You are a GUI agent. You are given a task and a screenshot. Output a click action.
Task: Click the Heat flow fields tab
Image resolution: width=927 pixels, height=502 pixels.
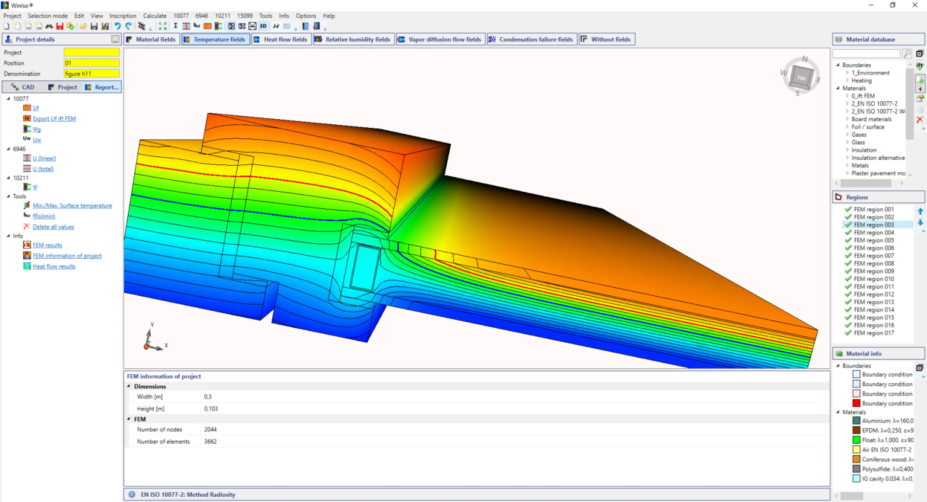coord(281,39)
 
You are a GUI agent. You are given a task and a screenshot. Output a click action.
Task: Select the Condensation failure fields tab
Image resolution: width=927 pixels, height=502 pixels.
coord(532,39)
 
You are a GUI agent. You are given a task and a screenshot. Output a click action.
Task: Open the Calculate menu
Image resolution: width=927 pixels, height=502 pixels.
coord(154,16)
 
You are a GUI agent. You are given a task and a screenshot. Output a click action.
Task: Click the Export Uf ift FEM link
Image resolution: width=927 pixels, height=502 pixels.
coord(54,118)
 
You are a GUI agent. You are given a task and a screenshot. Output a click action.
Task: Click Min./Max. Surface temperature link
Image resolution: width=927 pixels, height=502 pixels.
coord(72,205)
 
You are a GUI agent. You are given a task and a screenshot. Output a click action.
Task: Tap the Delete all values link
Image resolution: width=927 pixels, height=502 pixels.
coord(53,227)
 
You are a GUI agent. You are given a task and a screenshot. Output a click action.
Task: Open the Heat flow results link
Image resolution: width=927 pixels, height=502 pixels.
coord(54,266)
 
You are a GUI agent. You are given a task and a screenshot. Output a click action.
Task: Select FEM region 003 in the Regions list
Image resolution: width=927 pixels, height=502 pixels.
coord(873,225)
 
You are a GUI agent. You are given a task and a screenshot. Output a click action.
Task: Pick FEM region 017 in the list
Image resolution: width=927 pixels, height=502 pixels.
coord(873,333)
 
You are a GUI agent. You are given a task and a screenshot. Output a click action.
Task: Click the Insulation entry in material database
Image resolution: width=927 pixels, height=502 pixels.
coord(864,150)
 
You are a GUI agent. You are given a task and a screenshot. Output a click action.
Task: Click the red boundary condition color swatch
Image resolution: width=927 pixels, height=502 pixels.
coord(856,403)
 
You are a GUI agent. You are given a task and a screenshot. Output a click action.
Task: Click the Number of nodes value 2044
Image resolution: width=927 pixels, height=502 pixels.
coord(210,429)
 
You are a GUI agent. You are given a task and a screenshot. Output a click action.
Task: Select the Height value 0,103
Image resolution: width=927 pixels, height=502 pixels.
coord(211,409)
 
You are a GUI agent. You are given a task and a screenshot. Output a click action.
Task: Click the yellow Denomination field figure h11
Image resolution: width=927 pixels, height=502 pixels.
coord(91,74)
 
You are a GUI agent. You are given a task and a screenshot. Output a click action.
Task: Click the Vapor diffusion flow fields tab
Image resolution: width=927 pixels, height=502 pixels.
coord(440,39)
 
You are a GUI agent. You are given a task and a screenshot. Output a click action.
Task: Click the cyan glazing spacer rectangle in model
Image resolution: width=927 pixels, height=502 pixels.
coord(366,268)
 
